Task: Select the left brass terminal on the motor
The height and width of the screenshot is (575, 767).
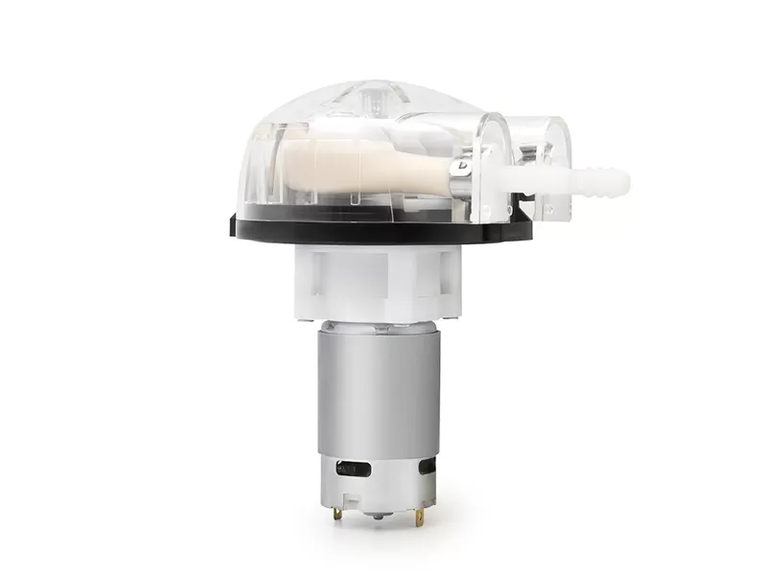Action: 337,515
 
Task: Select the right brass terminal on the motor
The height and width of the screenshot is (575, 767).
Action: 419,517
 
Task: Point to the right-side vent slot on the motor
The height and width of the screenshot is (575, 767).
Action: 427,467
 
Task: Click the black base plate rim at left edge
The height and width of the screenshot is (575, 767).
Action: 236,226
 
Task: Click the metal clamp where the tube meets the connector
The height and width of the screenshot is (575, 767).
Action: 461,178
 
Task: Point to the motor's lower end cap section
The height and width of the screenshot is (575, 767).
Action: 379,484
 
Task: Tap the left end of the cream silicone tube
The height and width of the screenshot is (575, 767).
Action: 288,163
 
